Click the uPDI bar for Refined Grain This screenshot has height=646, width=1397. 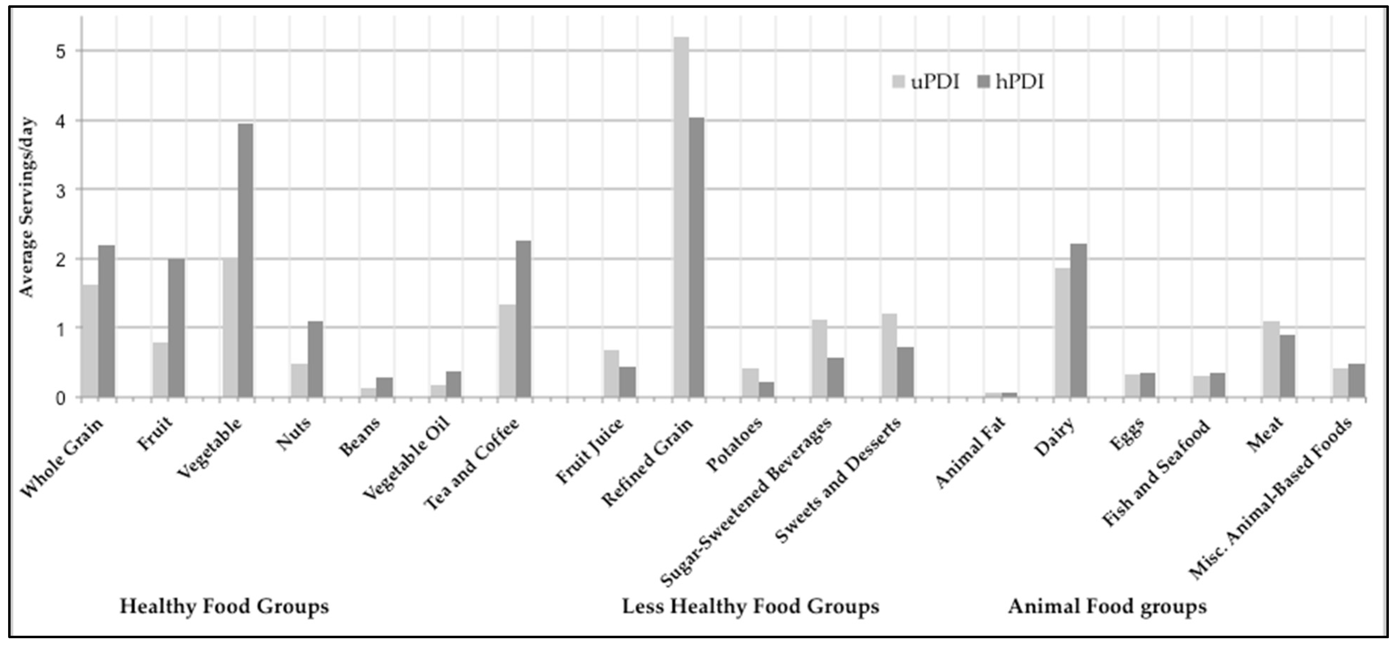coord(681,217)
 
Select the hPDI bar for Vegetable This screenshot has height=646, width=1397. coord(246,261)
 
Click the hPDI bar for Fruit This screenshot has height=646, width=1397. coord(176,328)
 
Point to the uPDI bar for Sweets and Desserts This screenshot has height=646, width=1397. coord(890,356)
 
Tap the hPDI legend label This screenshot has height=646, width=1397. coord(1020,82)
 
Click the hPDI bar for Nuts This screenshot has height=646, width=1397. coord(315,359)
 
